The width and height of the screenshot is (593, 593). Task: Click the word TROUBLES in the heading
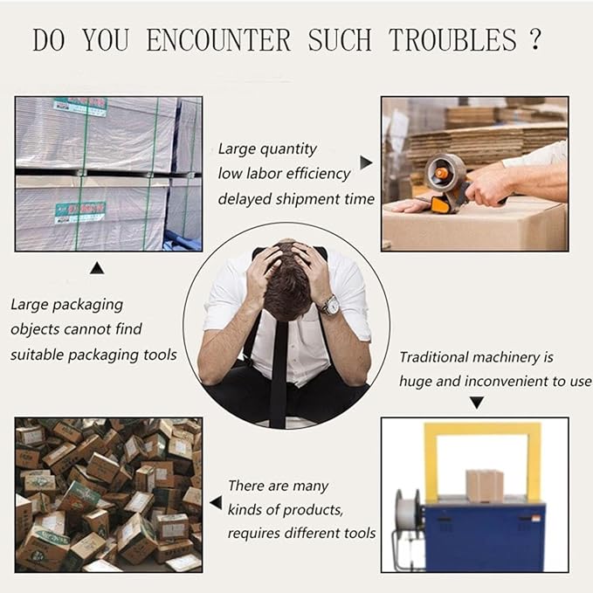pos(452,40)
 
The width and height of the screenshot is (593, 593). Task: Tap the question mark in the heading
pos(534,39)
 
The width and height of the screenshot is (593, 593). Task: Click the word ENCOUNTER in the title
pos(218,40)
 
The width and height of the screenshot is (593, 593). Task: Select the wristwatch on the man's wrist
pos(329,305)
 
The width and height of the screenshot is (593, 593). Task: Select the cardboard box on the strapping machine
pos(485,486)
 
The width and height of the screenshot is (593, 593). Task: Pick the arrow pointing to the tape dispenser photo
pos(366,162)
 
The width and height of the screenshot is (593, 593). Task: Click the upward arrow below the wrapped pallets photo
pos(97,268)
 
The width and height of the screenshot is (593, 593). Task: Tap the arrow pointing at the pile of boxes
pos(216,503)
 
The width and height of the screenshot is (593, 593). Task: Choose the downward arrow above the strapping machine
pos(477,403)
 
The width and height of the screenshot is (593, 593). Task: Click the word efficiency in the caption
pos(318,175)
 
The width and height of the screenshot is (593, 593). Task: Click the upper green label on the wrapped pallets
pos(80,107)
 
